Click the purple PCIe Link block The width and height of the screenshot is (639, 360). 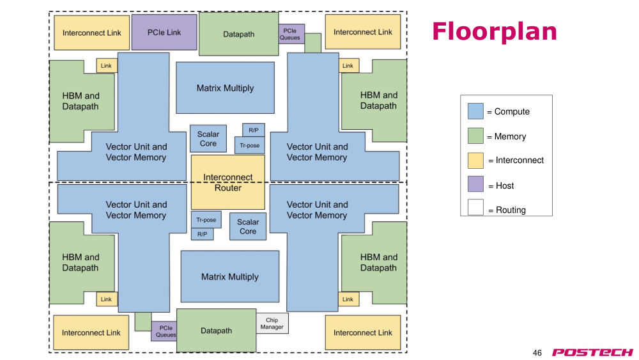(164, 32)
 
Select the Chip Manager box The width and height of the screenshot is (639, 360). (272, 324)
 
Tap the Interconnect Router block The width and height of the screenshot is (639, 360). (228, 182)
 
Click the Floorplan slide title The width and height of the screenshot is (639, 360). (495, 31)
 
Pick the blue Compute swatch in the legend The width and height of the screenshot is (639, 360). (475, 111)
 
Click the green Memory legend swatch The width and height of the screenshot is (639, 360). (475, 136)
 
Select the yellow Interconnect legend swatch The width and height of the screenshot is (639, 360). (475, 160)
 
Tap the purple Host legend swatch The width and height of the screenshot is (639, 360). (475, 184)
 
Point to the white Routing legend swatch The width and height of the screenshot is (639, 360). (475, 207)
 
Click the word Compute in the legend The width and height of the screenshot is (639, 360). (512, 112)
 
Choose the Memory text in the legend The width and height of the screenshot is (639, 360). (510, 137)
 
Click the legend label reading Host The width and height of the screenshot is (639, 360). (505, 186)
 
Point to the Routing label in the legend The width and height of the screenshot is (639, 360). (511, 210)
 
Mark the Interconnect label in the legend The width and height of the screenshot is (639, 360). (520, 160)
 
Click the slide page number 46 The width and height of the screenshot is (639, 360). (537, 353)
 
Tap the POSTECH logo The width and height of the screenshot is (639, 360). (592, 352)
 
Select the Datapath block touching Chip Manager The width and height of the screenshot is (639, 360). (217, 331)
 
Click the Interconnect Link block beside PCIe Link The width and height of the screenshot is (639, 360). (91, 33)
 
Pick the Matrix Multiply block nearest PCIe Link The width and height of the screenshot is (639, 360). (225, 88)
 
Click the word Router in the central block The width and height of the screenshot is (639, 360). (228, 188)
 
